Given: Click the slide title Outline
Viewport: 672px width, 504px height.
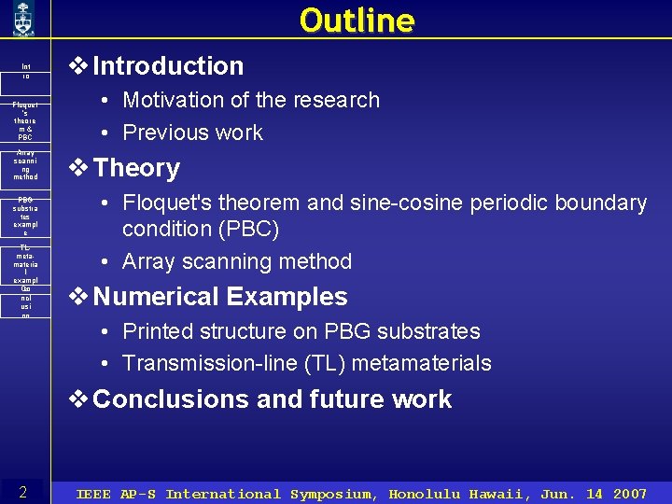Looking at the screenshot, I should pos(357,20).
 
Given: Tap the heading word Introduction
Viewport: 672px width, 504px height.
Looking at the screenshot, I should pos(168,66).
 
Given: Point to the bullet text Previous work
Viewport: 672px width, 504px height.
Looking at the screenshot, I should pos(192,133).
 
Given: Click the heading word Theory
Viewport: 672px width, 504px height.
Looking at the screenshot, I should pos(136,169).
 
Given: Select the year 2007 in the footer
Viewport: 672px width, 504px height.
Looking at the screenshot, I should pos(629,494).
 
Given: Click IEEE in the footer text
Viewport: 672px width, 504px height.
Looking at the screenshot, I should pos(93,494).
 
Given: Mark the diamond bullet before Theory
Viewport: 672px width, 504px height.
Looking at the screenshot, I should pos(80,169).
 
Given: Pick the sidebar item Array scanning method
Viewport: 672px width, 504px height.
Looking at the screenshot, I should pos(26,164).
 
